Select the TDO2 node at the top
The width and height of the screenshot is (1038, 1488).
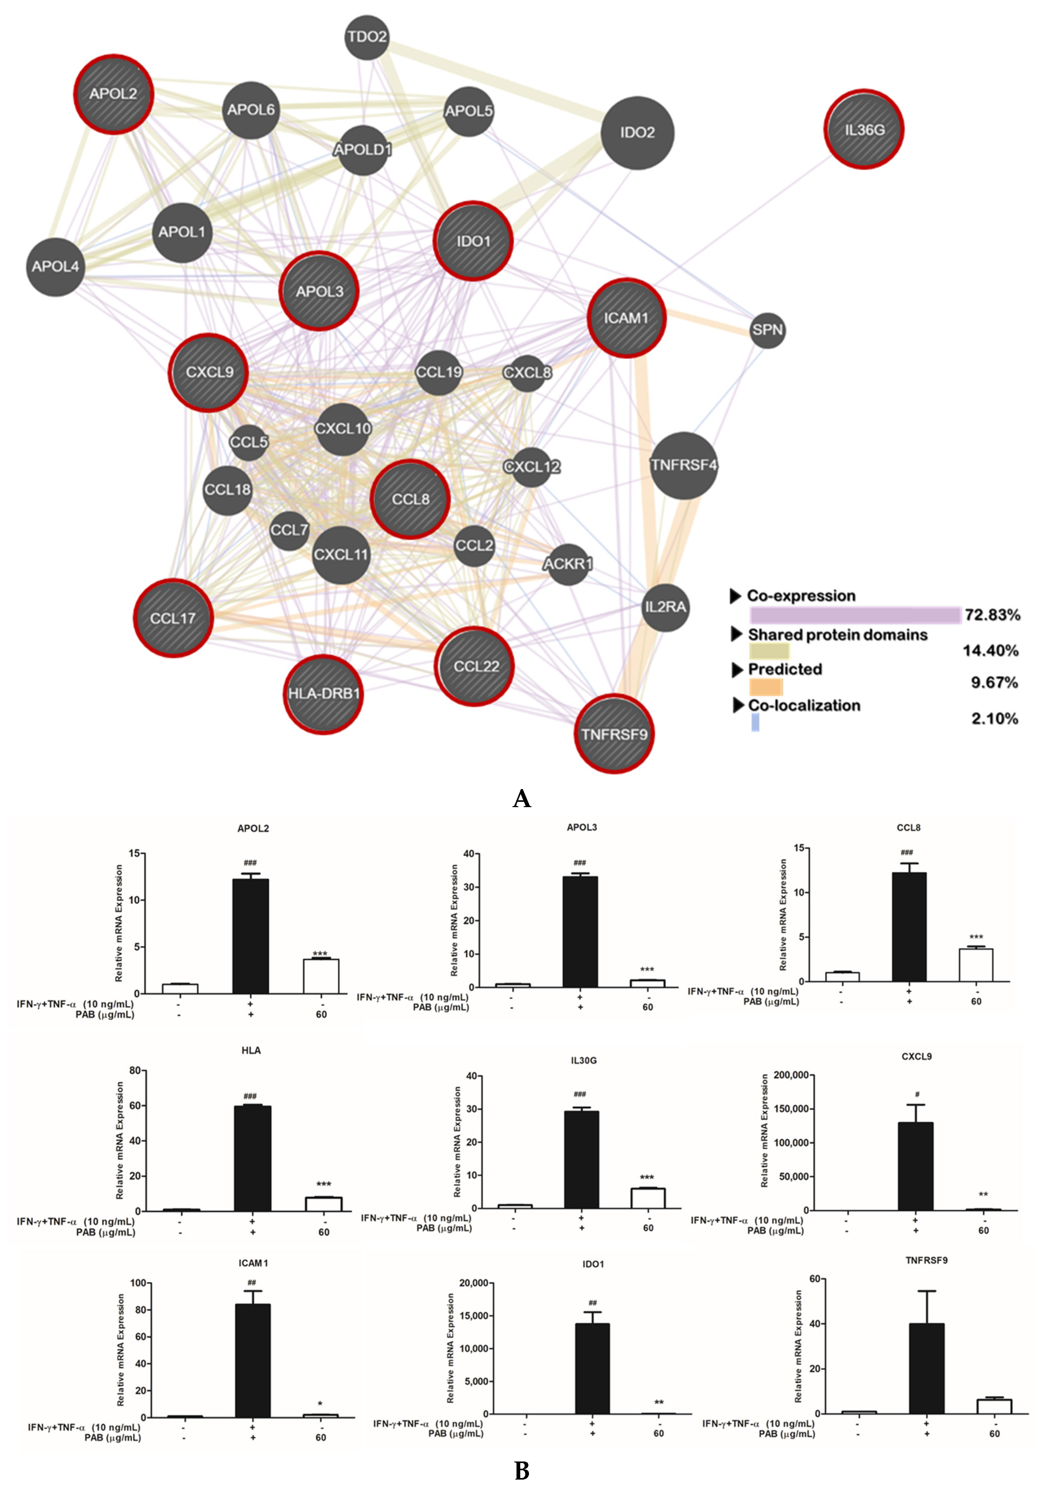tap(367, 37)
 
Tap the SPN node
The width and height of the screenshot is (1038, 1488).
tap(768, 330)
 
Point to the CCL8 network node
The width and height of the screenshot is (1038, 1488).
tap(410, 499)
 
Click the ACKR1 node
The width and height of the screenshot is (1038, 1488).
tap(568, 564)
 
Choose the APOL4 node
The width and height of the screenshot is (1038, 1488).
tap(56, 266)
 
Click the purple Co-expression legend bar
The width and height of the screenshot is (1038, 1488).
tap(855, 615)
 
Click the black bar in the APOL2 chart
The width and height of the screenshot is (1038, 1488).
tap(250, 936)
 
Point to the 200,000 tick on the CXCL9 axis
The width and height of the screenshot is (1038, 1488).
tap(790, 1075)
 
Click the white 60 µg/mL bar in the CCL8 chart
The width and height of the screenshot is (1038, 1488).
tap(976, 966)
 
